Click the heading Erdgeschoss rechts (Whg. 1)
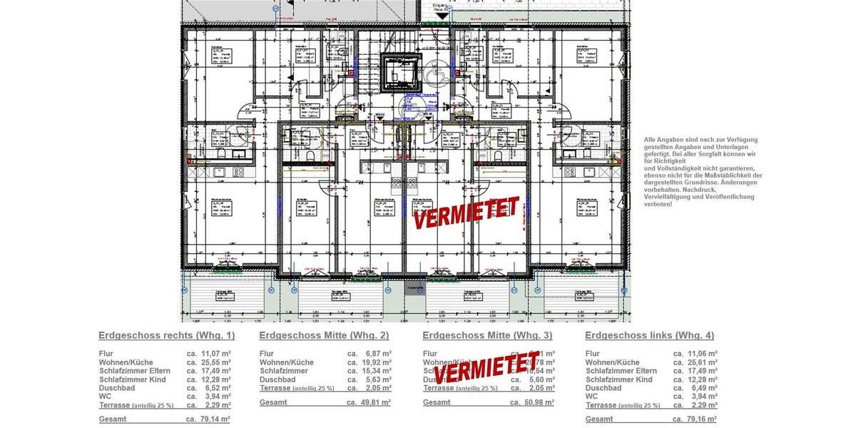[166, 335]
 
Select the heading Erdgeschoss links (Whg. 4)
[649, 335]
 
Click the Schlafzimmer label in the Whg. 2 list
[284, 371]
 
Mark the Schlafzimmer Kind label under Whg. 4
[619, 379]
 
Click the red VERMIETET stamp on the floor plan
[466, 212]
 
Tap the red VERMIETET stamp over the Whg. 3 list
[486, 365]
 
